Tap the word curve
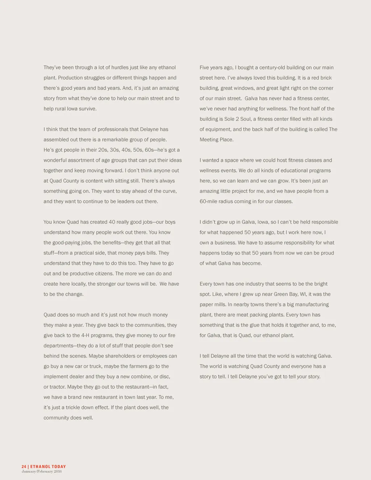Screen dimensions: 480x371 click(x=168, y=191)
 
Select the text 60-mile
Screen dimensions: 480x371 click(x=208, y=201)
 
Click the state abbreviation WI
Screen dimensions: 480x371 click(x=303, y=294)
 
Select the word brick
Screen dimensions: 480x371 click(x=325, y=78)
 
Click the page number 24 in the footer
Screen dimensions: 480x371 click(x=24, y=467)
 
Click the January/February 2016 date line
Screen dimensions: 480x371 click(x=42, y=472)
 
